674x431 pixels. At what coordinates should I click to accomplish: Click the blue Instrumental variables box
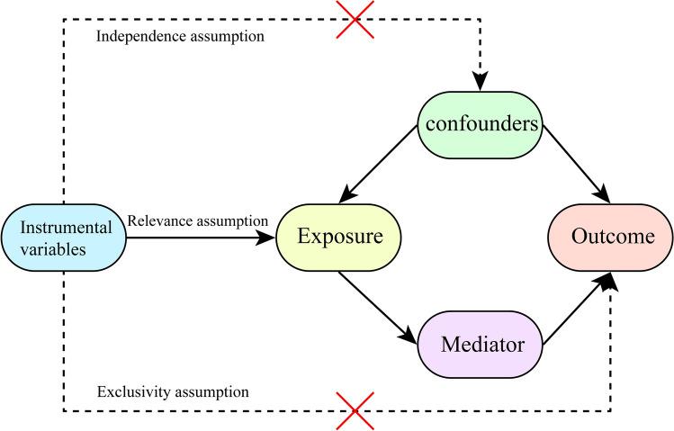63,238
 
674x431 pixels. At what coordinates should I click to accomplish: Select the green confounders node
481,124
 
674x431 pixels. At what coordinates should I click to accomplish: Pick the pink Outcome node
610,238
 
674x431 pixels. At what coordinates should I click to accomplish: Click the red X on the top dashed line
355,18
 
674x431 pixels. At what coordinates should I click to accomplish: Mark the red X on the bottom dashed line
355,411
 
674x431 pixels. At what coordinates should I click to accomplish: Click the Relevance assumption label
198,220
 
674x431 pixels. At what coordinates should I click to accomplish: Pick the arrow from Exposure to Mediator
378,308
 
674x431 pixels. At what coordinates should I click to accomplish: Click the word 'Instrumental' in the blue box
63,228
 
